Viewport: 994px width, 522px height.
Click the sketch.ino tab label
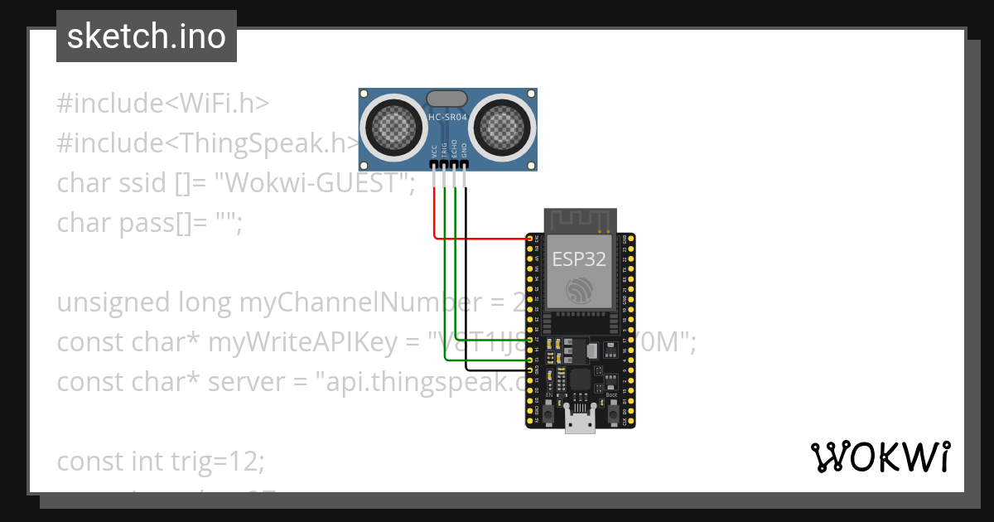click(147, 36)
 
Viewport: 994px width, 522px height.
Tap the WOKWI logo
click(880, 457)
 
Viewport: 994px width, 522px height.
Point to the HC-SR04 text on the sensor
click(447, 118)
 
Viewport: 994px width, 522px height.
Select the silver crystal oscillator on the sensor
click(447, 99)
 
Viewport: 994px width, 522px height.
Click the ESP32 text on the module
click(579, 259)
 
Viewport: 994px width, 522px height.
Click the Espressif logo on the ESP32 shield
click(579, 291)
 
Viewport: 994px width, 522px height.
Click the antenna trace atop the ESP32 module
click(579, 220)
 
